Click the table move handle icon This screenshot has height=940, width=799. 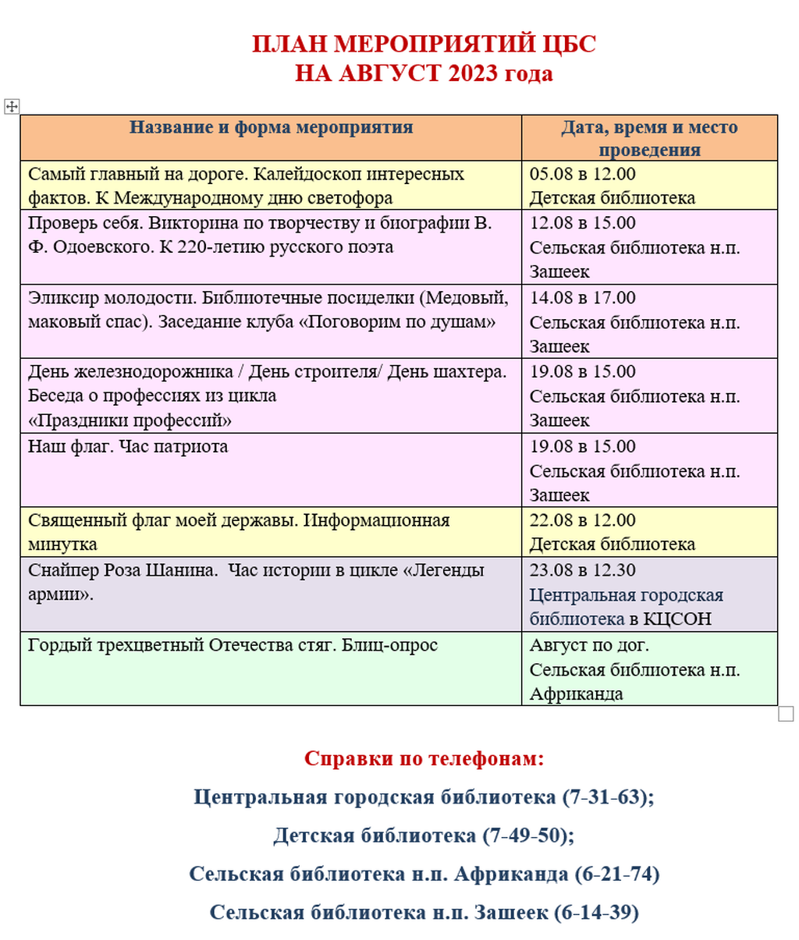click(12, 106)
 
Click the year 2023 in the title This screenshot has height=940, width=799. click(473, 73)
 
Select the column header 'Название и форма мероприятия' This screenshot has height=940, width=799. click(271, 127)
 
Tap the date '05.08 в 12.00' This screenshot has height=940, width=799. click(582, 174)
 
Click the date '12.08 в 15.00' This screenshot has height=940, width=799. click(582, 223)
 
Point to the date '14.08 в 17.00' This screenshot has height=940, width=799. click(582, 297)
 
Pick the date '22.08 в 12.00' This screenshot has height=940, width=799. click(582, 520)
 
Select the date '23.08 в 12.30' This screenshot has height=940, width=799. click(582, 570)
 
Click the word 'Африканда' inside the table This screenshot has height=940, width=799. click(576, 693)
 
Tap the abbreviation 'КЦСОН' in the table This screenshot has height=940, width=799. click(677, 619)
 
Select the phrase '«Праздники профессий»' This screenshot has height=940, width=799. click(130, 420)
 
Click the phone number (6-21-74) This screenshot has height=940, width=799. click(616, 874)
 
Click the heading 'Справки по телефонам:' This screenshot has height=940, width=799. click(424, 758)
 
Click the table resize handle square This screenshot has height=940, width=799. click(786, 714)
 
